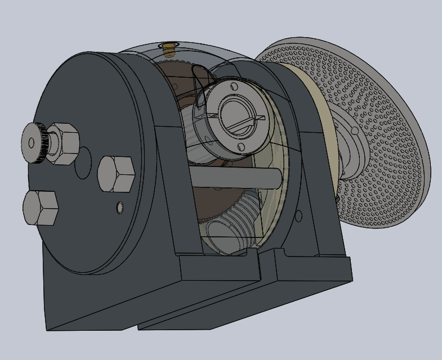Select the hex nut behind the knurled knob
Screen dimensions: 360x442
(63, 144)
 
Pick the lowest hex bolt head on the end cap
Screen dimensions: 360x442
(41, 208)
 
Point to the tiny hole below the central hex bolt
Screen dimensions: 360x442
(119, 208)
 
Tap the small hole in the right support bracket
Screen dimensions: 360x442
(298, 215)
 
